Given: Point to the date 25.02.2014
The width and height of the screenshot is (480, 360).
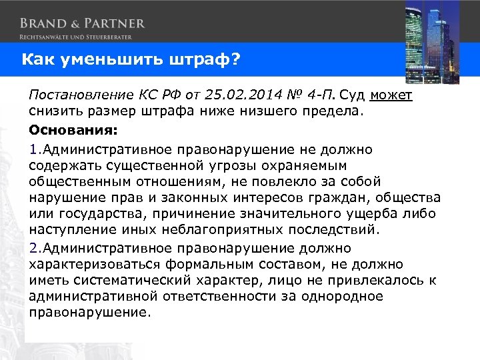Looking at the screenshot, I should click(x=235, y=95).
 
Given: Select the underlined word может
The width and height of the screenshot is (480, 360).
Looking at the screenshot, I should click(x=391, y=95).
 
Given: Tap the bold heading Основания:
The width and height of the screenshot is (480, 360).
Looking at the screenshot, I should click(x=65, y=129).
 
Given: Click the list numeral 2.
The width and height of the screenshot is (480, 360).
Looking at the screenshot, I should click(x=33, y=247).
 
